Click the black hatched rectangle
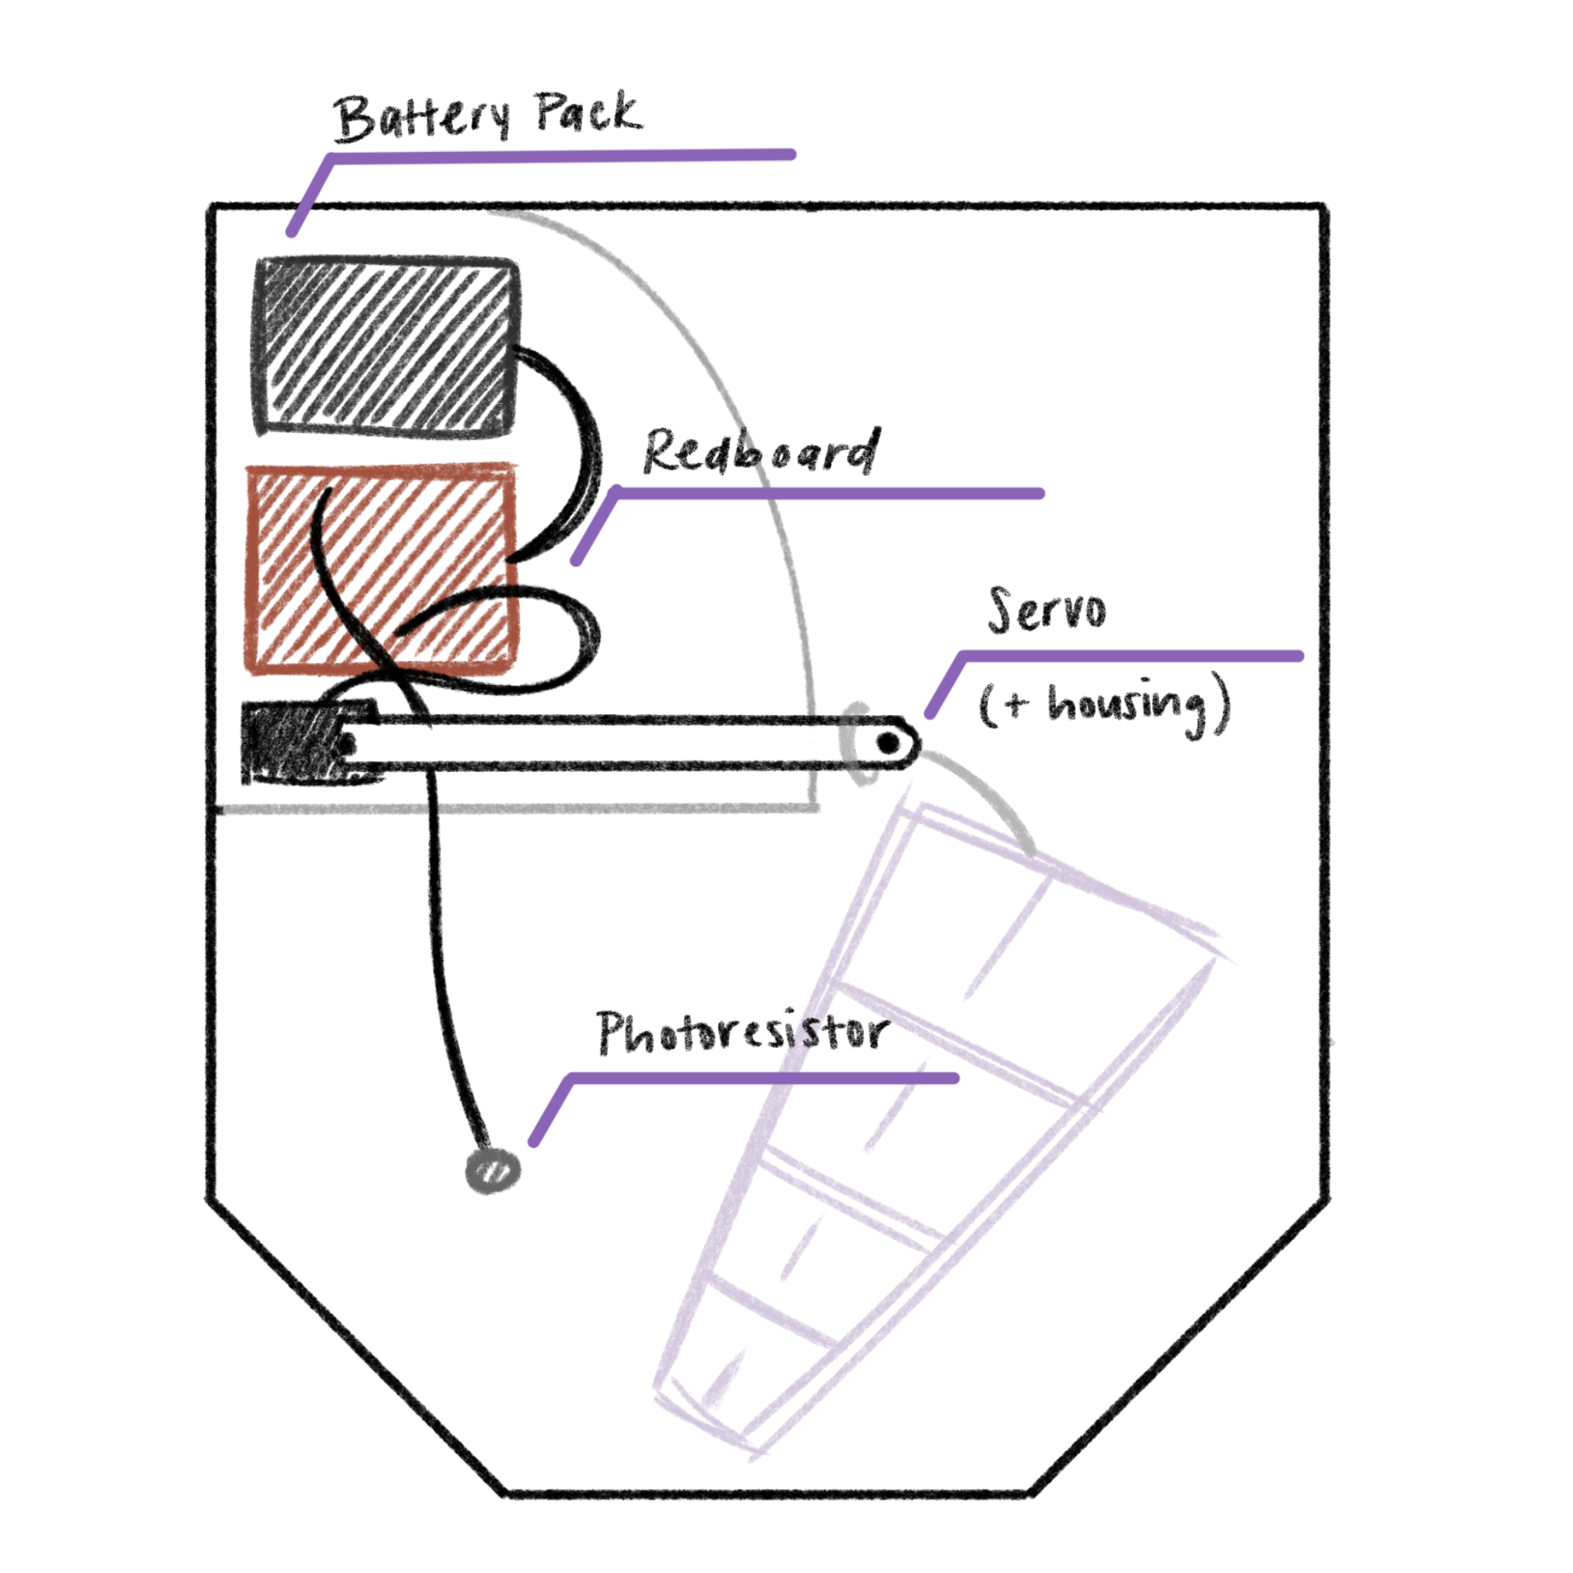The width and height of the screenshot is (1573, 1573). [x=387, y=349]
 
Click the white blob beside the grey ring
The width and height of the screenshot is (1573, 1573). [x=808, y=743]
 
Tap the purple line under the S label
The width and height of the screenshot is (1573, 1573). [x=1131, y=653]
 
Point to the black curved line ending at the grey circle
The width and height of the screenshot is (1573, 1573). [x=452, y=1018]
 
